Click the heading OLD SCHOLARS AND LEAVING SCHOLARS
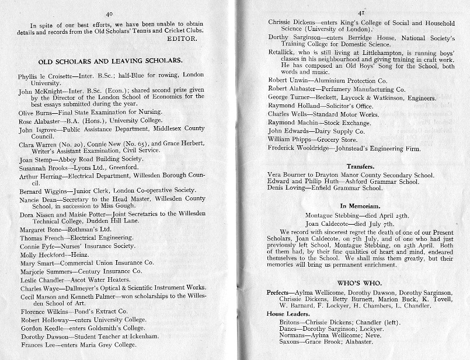tap(111, 61)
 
